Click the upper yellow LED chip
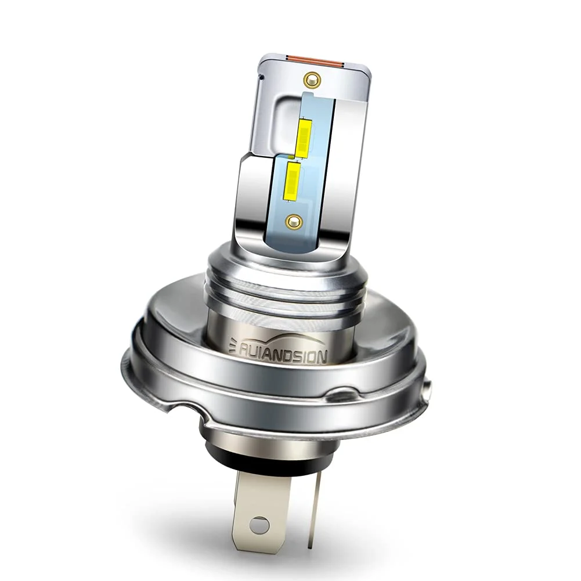[x=304, y=138]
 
